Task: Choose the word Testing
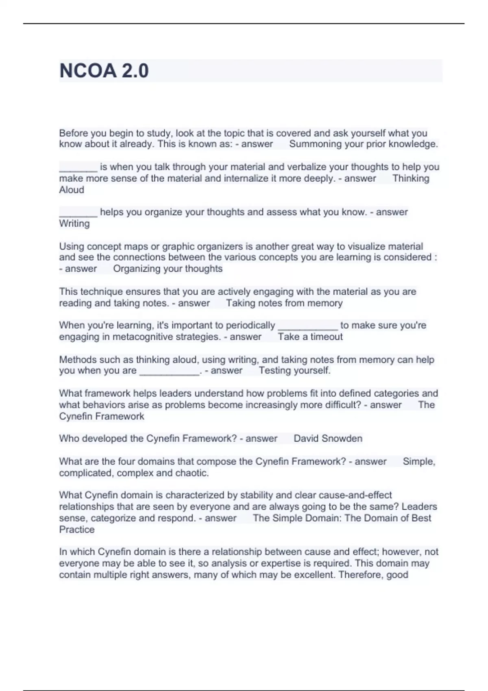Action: [x=274, y=371]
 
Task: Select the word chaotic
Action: [x=192, y=473]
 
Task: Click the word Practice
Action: [x=77, y=530]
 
